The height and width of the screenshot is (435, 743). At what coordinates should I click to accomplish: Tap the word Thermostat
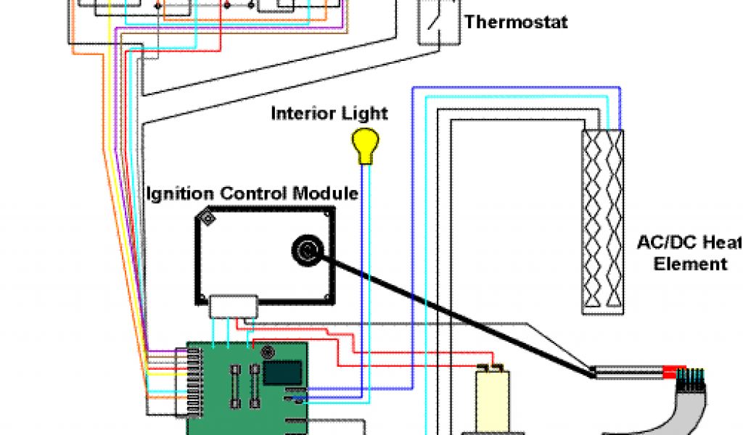(x=516, y=22)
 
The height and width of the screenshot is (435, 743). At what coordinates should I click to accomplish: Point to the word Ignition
(x=179, y=194)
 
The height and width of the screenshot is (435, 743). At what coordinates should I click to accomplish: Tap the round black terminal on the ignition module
(x=305, y=252)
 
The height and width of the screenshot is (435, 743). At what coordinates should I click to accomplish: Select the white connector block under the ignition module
(x=233, y=305)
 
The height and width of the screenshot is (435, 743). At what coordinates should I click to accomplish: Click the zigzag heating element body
(x=603, y=221)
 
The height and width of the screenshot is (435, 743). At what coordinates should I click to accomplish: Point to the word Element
(x=690, y=264)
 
